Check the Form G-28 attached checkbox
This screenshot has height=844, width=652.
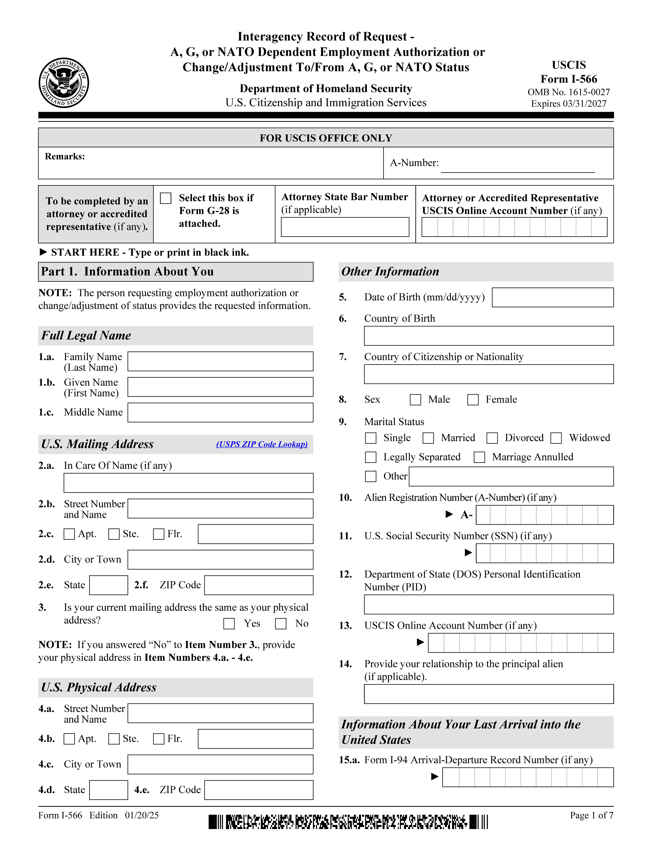click(x=166, y=198)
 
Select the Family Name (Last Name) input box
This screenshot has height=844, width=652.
click(x=220, y=361)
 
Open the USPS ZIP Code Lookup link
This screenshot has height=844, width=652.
click(x=262, y=444)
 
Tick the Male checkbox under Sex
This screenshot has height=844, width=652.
click(x=415, y=400)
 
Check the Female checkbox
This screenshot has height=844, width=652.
click(x=473, y=400)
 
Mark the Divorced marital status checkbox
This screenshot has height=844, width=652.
click(x=492, y=438)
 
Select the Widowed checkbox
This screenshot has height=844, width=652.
click(x=556, y=438)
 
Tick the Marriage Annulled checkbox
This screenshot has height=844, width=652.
click(x=479, y=457)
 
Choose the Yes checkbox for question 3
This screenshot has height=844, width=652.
click(x=229, y=624)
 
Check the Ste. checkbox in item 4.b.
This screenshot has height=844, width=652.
click(x=114, y=739)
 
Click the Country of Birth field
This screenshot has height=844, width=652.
click(x=489, y=336)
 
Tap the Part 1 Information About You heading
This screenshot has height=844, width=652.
click(x=127, y=272)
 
